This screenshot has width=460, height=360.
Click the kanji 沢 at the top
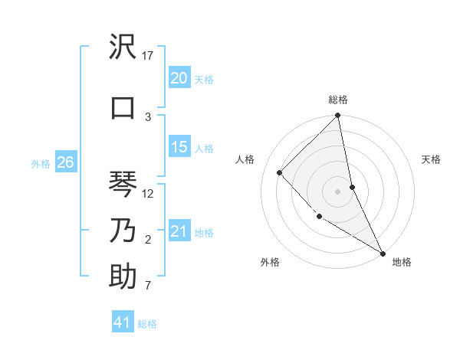tap(123, 48)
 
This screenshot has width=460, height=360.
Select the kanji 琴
tap(123, 184)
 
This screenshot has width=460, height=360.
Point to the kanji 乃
tap(123, 230)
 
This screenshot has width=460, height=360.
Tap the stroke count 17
tap(149, 56)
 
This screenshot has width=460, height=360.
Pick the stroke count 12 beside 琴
tap(149, 194)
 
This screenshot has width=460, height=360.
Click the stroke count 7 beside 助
tap(147, 286)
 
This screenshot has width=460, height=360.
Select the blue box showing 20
tap(179, 78)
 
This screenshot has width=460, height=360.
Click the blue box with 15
tap(179, 147)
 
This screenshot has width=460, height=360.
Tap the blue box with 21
tap(179, 231)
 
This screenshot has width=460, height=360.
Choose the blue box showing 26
tap(65, 162)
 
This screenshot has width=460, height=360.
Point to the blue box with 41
tap(123, 322)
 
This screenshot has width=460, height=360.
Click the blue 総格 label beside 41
tap(147, 324)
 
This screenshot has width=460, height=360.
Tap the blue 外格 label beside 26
tap(41, 163)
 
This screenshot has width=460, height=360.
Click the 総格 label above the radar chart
tap(338, 100)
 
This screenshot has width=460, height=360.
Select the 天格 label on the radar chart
tap(432, 159)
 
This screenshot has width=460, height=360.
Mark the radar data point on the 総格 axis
tap(337, 116)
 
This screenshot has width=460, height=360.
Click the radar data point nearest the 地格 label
tap(382, 252)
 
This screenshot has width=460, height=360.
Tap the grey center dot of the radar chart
tap(337, 191)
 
